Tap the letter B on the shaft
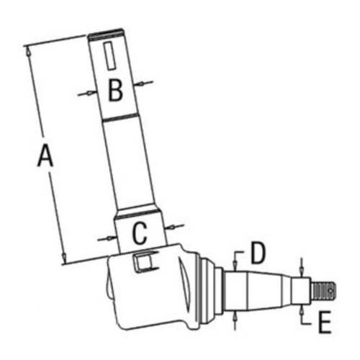[115, 90]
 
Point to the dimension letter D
[258, 252]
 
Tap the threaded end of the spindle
[325, 290]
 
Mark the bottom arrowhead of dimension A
[63, 261]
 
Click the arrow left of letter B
[89, 92]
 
